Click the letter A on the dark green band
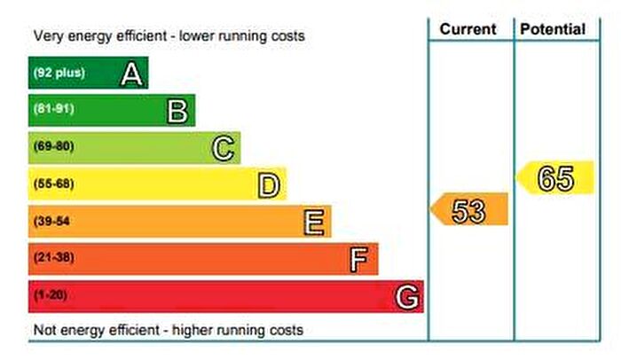[x=131, y=74]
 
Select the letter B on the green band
[x=177, y=111]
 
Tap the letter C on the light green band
[x=224, y=148]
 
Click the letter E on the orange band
[x=314, y=222]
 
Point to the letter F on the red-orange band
[x=359, y=259]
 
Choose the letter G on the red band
[x=406, y=296]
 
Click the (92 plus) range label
[x=59, y=73]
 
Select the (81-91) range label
[x=53, y=110]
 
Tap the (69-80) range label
[x=53, y=147]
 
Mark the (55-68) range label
[x=53, y=184]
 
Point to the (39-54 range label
[x=51, y=222]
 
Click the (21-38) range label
[x=53, y=259]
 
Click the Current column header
[x=468, y=29]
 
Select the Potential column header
[x=553, y=29]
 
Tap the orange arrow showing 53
[x=469, y=210]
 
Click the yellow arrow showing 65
[x=555, y=178]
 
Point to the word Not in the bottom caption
[x=44, y=330]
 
